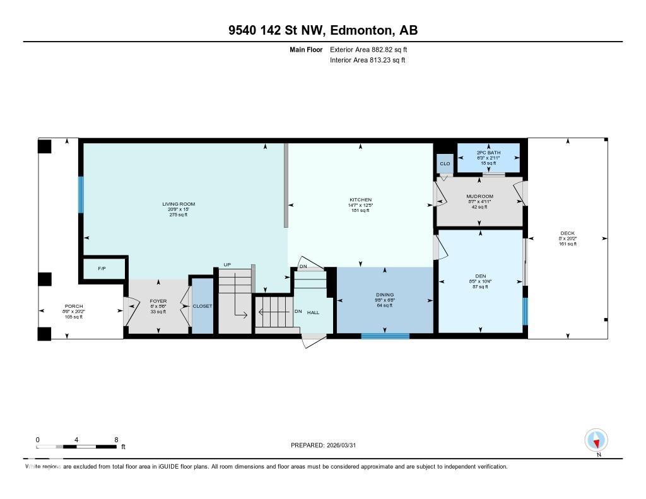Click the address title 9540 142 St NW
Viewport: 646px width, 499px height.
[322, 30]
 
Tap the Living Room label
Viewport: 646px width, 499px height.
[179, 204]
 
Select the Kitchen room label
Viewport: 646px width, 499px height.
[361, 200]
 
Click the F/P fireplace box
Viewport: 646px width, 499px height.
[102, 269]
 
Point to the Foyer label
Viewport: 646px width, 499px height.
[158, 302]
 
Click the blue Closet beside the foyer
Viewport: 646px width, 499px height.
[203, 306]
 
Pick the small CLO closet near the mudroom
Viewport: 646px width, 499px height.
[445, 164]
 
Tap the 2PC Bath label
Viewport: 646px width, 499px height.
[488, 153]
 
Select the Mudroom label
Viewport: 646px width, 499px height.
[479, 196]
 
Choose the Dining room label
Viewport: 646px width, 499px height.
[385, 295]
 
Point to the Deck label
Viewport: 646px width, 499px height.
[567, 233]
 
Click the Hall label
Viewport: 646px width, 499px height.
[313, 312]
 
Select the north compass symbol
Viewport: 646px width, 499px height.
[596, 440]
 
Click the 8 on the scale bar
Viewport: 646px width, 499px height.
[116, 440]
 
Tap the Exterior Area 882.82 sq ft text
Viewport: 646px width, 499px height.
[373, 49]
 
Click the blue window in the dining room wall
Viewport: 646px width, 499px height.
[385, 336]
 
